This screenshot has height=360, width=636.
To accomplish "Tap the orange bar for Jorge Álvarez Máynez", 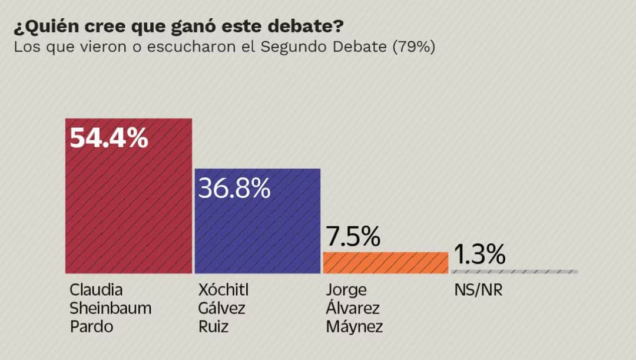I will click(x=385, y=263).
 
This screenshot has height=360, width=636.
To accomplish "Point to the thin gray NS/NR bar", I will click(x=514, y=272).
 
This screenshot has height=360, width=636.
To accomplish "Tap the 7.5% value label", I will click(x=353, y=237).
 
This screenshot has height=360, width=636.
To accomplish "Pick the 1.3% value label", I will click(x=479, y=255).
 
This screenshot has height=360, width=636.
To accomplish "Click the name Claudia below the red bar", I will click(x=97, y=290).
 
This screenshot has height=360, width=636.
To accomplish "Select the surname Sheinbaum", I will click(x=111, y=308).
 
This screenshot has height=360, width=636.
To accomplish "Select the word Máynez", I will click(x=355, y=326).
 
